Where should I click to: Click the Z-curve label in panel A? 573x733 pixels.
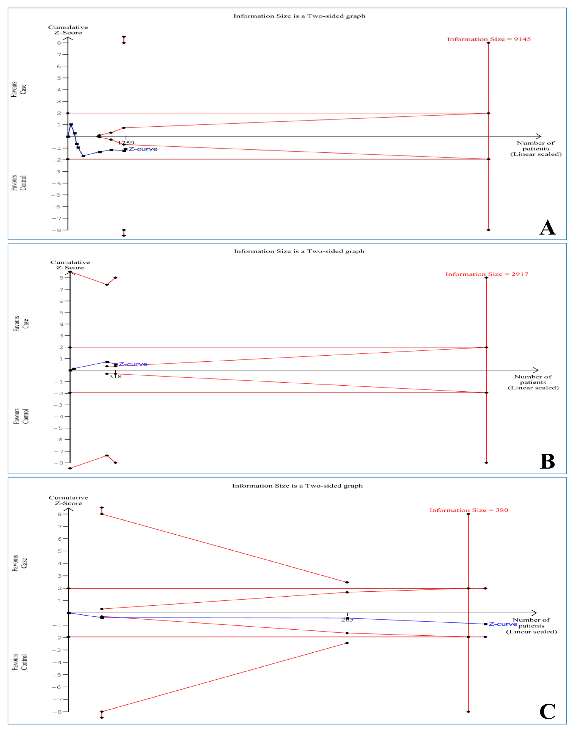tap(143, 149)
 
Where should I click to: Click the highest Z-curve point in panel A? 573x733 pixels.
tap(71, 125)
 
